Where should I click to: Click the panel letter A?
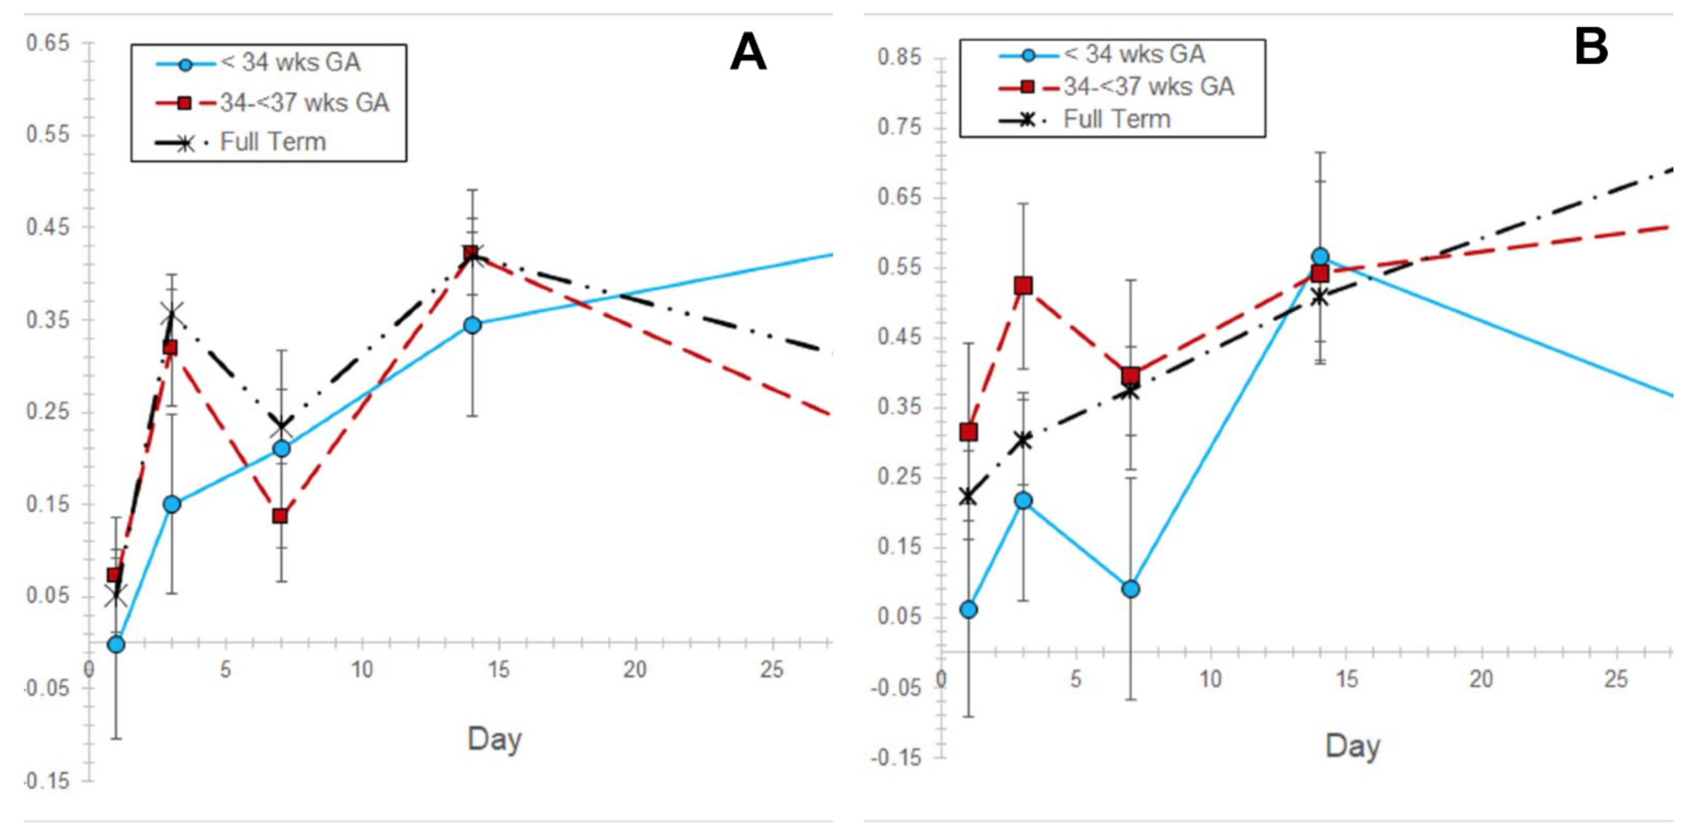(x=748, y=52)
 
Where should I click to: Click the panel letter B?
(x=1590, y=47)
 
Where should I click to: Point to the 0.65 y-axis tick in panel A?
(x=48, y=43)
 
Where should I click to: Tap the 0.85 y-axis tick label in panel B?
(x=899, y=57)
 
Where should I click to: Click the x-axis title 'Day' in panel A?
(x=494, y=739)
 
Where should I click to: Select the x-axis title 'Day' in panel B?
(x=1353, y=746)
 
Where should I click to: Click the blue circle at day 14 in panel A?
(x=472, y=326)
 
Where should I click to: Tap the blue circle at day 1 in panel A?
(x=116, y=644)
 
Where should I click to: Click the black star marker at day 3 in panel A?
(x=172, y=314)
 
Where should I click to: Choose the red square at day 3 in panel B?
(x=1023, y=286)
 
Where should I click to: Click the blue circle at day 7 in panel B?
(x=1130, y=589)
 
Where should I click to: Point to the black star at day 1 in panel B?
(x=968, y=497)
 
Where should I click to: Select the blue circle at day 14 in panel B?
(x=1320, y=257)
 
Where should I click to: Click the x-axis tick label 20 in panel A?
(x=634, y=669)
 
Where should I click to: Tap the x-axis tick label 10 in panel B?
(x=1210, y=678)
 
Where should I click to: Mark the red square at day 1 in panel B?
(x=968, y=432)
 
